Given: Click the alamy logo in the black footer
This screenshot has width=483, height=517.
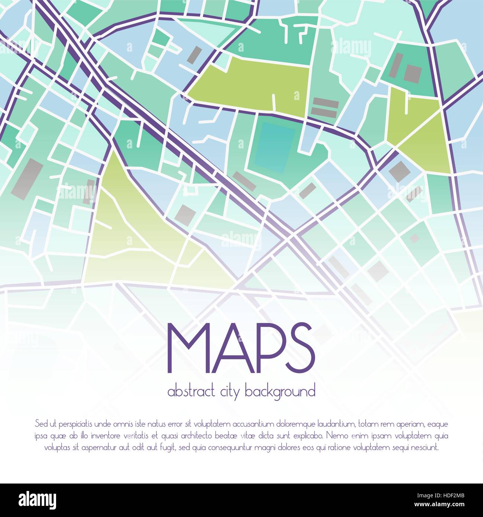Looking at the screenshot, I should (38, 500).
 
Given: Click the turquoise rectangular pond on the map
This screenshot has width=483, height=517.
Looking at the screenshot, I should (273, 147).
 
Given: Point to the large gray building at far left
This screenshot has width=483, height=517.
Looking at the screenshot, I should (27, 177).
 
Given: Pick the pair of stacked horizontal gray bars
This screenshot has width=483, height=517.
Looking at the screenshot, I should (325, 107).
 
